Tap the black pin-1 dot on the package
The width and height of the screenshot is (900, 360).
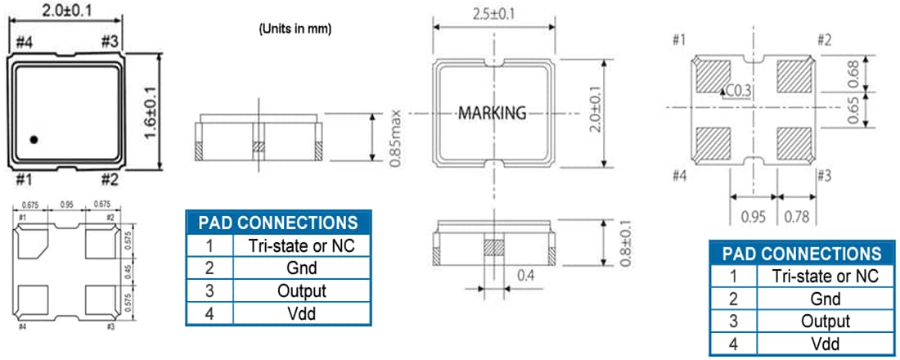click(x=34, y=140)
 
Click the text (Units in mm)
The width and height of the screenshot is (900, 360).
click(x=295, y=28)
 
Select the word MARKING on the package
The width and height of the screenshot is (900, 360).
click(x=492, y=113)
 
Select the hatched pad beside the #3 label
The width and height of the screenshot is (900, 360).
click(x=796, y=146)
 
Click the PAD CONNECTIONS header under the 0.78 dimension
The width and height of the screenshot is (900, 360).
click(x=799, y=254)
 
